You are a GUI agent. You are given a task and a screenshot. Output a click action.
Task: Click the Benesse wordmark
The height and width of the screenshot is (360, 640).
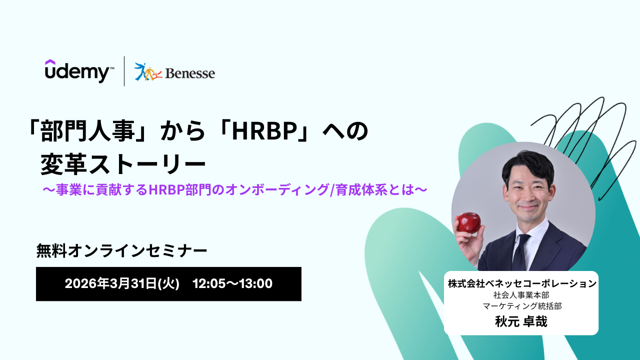click(x=190, y=73)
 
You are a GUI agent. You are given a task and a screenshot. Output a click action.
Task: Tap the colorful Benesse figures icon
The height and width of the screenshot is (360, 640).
click(x=148, y=71)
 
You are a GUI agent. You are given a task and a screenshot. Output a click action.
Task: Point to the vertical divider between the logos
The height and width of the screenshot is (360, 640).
click(x=124, y=71)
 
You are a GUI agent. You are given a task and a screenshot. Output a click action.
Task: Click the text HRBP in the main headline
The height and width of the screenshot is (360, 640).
click(x=263, y=131)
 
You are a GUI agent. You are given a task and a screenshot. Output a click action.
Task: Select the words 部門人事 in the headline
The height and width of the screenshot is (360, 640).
click(x=87, y=131)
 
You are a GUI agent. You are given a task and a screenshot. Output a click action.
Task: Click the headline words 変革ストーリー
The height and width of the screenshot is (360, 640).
click(x=123, y=165)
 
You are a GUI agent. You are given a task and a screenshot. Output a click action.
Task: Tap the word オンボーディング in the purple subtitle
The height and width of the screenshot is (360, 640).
click(x=277, y=189)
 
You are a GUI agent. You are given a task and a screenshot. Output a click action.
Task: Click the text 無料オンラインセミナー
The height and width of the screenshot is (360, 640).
click(x=121, y=250)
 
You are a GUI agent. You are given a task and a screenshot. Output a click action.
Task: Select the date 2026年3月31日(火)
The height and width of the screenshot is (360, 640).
click(x=122, y=283)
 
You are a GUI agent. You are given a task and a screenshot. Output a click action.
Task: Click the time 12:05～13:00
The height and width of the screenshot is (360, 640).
click(x=232, y=283)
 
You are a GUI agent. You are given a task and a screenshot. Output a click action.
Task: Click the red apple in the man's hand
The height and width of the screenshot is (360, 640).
click(x=469, y=222)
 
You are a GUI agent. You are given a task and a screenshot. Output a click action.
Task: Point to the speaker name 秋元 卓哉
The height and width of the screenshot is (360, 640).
click(x=521, y=321)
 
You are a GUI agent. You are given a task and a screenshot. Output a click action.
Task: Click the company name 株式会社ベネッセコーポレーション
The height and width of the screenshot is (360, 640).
click(x=522, y=283)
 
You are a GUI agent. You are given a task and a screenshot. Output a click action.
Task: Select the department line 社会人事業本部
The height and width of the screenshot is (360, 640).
click(x=521, y=295)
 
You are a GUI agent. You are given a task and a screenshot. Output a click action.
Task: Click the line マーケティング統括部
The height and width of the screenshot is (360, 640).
click(x=522, y=306)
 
